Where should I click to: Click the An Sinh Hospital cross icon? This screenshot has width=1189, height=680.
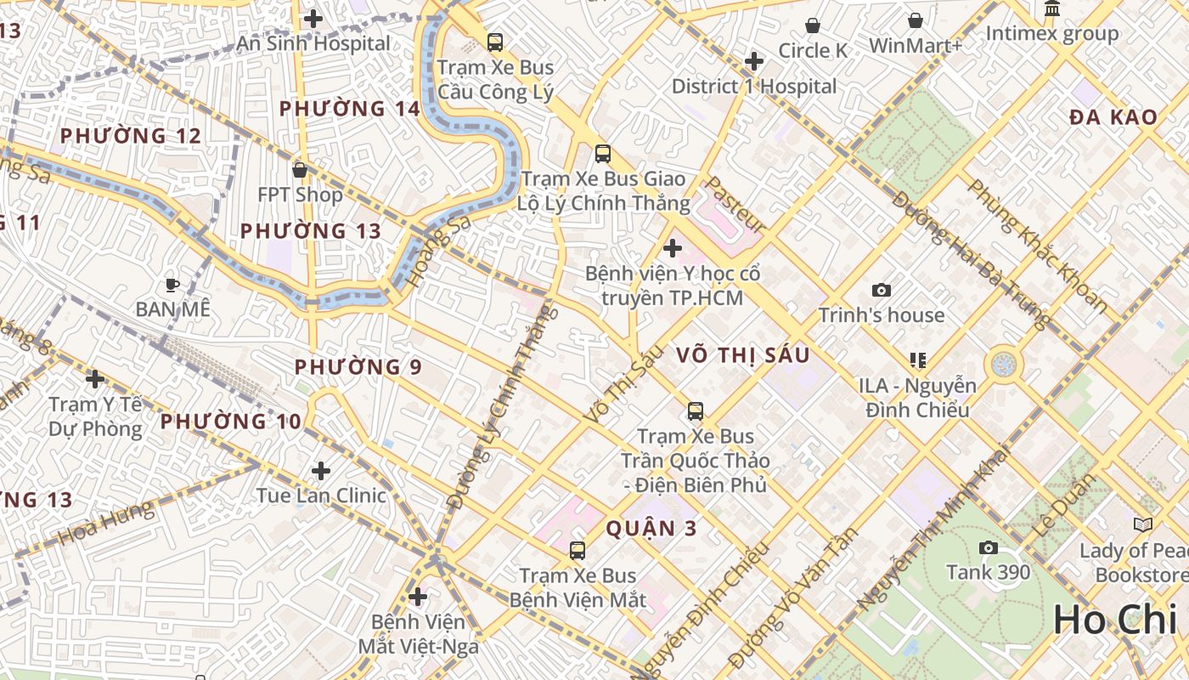click(x=313, y=18)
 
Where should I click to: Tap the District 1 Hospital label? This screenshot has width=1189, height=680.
click(x=754, y=86)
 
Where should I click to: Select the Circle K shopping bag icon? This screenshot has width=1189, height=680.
click(x=813, y=25)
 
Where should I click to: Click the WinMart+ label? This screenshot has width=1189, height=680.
click(x=915, y=45)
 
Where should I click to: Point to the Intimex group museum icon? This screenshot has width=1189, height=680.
click(x=1052, y=9)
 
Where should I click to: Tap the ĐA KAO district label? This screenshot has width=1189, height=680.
click(x=1113, y=117)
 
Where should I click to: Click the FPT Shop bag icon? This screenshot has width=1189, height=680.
click(x=299, y=170)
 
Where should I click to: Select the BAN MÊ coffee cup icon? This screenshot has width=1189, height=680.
click(x=172, y=285)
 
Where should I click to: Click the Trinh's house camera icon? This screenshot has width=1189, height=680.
click(x=882, y=290)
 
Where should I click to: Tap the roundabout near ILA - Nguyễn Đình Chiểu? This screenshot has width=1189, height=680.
click(x=1003, y=365)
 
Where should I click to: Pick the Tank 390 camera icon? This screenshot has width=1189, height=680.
click(x=988, y=547)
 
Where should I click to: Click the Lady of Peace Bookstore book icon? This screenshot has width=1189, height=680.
click(x=1142, y=524)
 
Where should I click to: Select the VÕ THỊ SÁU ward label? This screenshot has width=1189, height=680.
click(x=743, y=355)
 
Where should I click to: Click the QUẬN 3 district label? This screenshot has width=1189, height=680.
click(x=651, y=529)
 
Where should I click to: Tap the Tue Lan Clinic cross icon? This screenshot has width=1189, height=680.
click(x=321, y=470)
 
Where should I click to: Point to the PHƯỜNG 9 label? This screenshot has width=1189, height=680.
click(x=358, y=367)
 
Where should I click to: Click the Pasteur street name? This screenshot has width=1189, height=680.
click(x=735, y=205)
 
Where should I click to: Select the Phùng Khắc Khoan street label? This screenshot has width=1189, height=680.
click(x=1038, y=246)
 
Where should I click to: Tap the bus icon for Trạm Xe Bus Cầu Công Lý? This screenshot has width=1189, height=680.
click(x=494, y=42)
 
